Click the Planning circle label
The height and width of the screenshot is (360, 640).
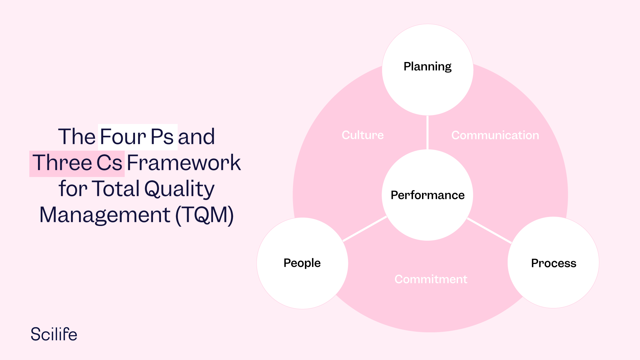click(427, 66)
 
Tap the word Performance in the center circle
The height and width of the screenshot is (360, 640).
click(427, 195)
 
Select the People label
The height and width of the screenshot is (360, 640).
click(302, 263)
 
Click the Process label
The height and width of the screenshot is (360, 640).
click(553, 263)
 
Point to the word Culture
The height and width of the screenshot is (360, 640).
click(363, 135)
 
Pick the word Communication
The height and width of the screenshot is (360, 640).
click(495, 135)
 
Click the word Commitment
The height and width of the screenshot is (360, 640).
click(431, 279)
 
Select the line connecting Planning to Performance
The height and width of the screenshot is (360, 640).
click(427, 132)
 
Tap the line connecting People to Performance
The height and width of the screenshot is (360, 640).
click(365, 229)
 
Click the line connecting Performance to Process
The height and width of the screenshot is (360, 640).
click(489, 231)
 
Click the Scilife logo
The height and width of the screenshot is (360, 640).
click(54, 334)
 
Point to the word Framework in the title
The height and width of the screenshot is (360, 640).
click(184, 163)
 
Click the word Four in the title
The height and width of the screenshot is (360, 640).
click(123, 137)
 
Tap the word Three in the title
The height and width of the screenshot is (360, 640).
click(62, 163)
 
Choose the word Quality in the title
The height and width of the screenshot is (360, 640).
click(179, 189)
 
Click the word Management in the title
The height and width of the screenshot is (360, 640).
click(105, 215)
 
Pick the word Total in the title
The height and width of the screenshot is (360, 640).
click(116, 189)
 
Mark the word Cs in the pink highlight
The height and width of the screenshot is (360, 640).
click(109, 163)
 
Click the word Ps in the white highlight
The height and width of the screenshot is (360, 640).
click(162, 137)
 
